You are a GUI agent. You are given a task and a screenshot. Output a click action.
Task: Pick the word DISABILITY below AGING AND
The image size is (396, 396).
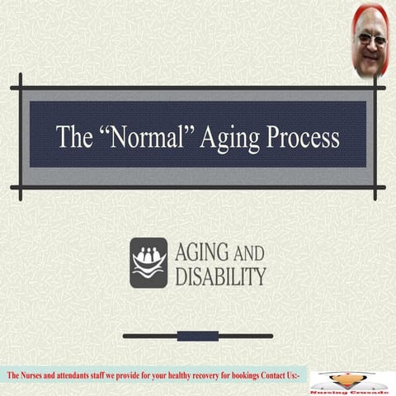pyautogui.click(x=220, y=276)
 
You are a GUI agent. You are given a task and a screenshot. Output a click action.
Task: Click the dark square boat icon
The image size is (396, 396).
pyautogui.click(x=148, y=262)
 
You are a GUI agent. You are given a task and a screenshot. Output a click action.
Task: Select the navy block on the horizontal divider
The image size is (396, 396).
pyautogui.click(x=198, y=336)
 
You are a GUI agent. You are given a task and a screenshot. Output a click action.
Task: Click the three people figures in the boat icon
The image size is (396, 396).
pyautogui.click(x=148, y=256)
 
